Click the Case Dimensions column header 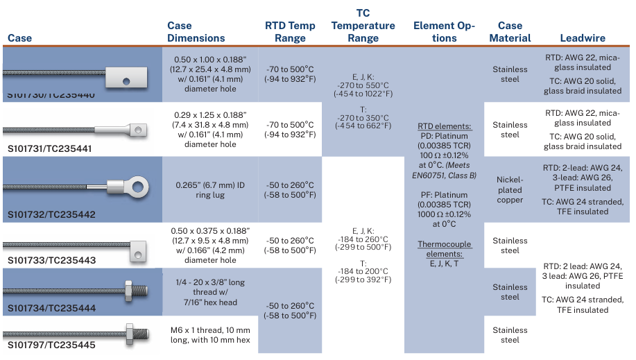tap(196, 32)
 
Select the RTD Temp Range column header tap(290, 32)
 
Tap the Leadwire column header tap(582, 38)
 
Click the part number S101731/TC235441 tap(49, 148)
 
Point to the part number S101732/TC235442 tap(50, 215)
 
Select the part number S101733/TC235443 tap(50, 261)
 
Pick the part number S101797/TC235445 tap(50, 345)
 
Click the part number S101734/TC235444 tap(50, 308)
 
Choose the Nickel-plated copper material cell tap(510, 190)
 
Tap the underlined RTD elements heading tap(444, 126)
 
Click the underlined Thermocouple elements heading tap(444, 249)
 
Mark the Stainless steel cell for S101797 tap(510, 335)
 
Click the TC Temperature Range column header tap(363, 26)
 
